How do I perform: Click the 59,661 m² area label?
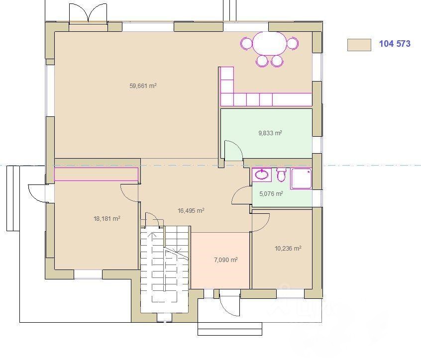[143, 86]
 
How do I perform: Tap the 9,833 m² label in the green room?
[270, 133]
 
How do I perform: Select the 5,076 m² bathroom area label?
[271, 193]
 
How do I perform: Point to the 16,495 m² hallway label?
[191, 211]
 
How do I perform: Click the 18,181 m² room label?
[106, 219]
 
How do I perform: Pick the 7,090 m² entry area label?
[226, 260]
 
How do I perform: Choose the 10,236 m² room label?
[288, 249]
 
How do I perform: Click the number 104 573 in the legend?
[395, 44]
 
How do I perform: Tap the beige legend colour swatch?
[359, 45]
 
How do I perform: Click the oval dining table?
[269, 43]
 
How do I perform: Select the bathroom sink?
[262, 175]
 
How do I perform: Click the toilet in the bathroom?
[281, 175]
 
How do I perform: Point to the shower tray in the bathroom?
[301, 179]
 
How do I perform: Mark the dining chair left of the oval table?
[247, 44]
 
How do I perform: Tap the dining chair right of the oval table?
[293, 43]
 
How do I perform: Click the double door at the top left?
[88, 13]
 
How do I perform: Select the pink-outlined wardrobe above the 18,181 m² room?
[96, 175]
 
